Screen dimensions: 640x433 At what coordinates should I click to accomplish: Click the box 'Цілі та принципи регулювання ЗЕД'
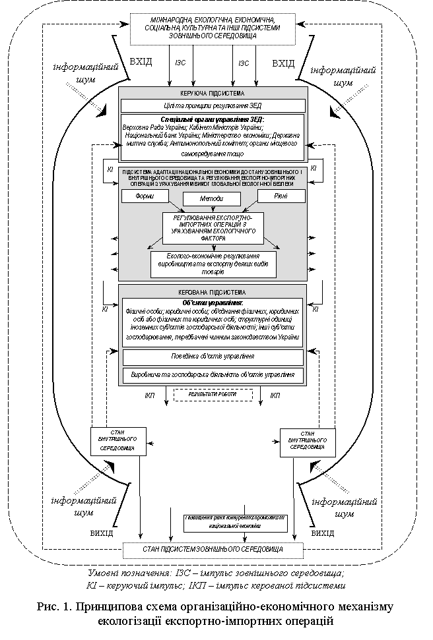point(213,105)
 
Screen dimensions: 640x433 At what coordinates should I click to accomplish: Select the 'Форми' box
point(145,196)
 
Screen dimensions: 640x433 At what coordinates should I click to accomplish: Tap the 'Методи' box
point(212,198)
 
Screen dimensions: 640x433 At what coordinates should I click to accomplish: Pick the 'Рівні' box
point(281,196)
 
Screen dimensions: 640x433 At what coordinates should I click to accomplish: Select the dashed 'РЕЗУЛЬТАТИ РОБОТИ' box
point(213,395)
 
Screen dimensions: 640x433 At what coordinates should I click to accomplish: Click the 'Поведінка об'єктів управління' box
point(213,357)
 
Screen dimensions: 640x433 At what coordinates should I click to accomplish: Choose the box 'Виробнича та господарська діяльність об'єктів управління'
point(213,375)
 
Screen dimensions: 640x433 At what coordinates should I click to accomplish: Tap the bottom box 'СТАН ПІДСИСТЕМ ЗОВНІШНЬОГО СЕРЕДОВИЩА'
point(213,549)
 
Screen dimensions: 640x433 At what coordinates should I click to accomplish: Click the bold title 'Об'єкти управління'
point(213,303)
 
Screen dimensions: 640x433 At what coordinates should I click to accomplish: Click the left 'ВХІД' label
point(141,63)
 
